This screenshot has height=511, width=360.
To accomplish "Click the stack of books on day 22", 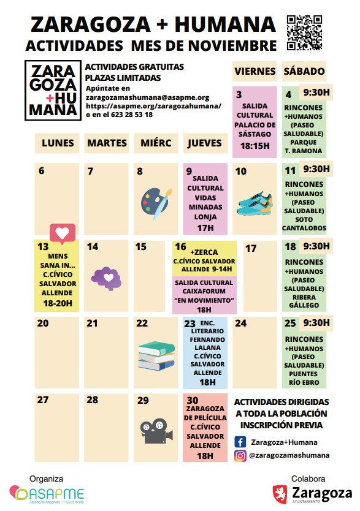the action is click(156, 358).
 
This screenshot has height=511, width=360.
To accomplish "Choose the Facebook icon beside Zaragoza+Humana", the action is click(240, 441).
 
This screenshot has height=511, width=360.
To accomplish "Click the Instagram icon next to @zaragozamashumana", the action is click(240, 455).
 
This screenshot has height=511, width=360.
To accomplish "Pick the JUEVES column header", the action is click(205, 143).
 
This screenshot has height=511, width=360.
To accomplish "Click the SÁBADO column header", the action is click(304, 72).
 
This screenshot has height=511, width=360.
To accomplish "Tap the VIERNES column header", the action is click(255, 72).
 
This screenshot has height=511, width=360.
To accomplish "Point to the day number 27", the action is click(42, 400).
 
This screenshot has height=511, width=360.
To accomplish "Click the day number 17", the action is click(251, 249).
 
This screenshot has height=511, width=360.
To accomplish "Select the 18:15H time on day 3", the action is click(254, 146).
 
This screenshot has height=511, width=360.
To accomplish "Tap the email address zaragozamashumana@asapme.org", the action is click(148, 97).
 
